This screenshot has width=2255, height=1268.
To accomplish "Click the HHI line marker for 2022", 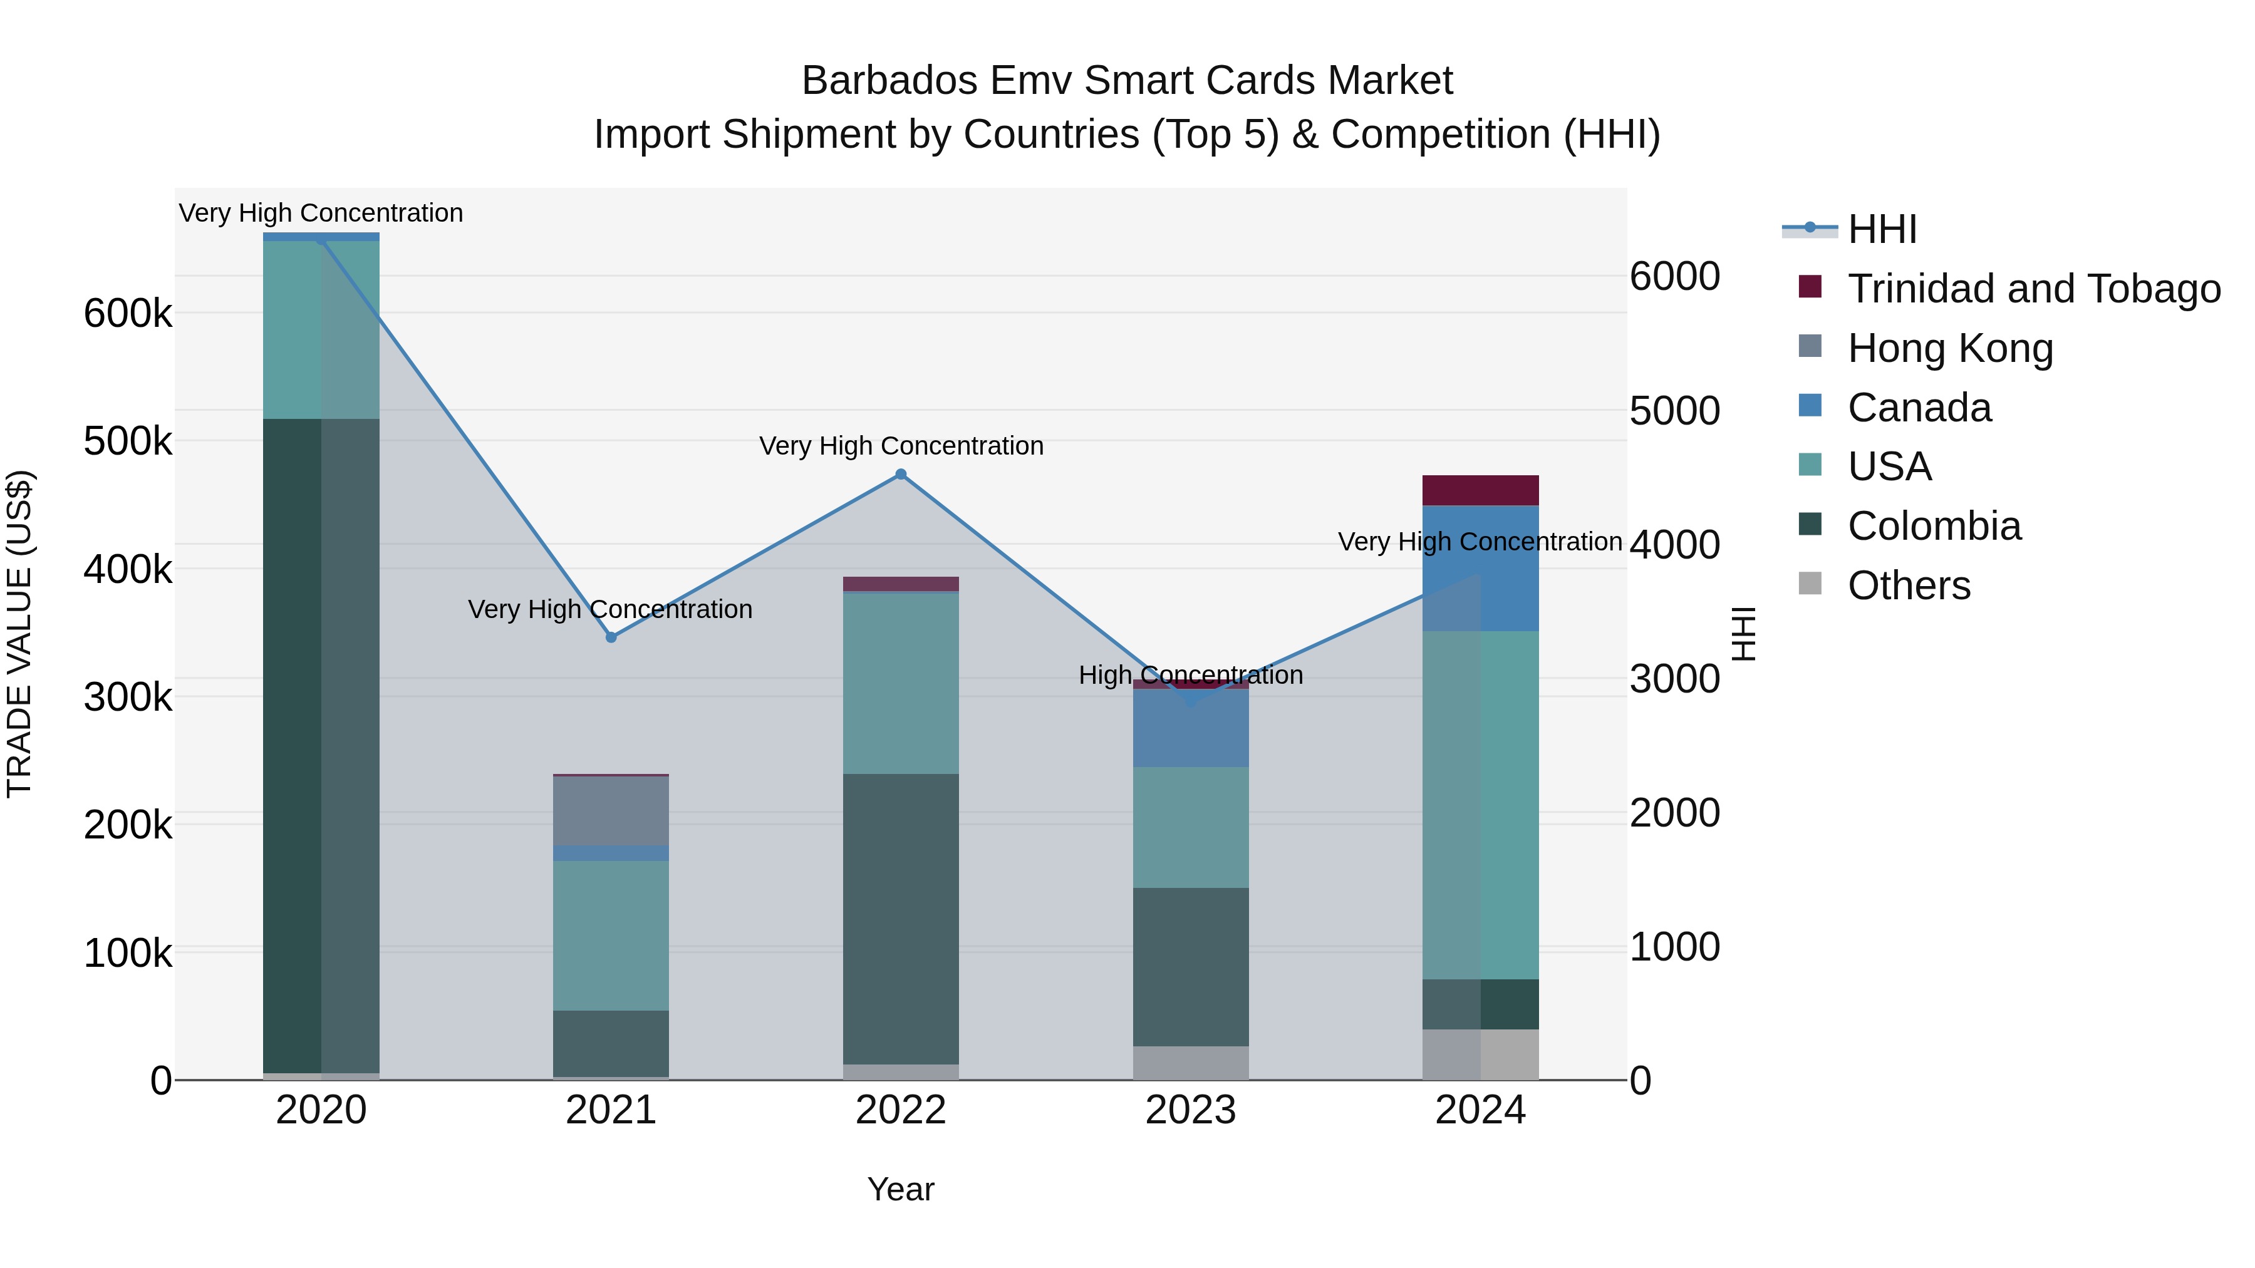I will coord(901,474).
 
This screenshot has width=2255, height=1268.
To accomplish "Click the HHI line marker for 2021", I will coord(611,637).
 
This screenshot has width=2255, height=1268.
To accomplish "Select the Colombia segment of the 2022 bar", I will coord(901,919).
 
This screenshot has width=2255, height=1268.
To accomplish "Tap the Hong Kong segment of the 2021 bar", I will coord(611,810).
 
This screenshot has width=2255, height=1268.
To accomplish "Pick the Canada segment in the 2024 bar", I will coord(1480,568).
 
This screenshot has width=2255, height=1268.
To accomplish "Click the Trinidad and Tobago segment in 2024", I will coord(1480,490).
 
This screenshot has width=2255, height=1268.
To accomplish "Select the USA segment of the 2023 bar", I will coord(1191,827).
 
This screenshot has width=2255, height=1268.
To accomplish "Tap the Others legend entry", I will coord(1909,585).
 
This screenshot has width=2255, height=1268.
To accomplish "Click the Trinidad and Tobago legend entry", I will coord(2033,289).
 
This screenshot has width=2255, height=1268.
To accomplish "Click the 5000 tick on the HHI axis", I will coord(1674,410).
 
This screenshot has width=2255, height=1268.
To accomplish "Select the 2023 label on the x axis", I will coord(1191,1110).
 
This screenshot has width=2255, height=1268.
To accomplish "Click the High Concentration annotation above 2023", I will coord(1191,674).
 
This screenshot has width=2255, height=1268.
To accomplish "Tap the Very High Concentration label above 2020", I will coord(321,213).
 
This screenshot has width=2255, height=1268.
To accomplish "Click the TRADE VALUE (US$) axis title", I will coord(19,634).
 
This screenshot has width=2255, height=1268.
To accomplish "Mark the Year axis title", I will coord(901,1189).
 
